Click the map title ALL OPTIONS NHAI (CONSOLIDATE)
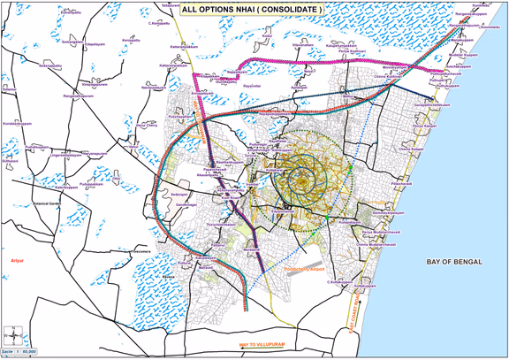click(x=252, y=9)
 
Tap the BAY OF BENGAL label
click(x=458, y=263)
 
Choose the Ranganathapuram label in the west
click(x=79, y=96)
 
